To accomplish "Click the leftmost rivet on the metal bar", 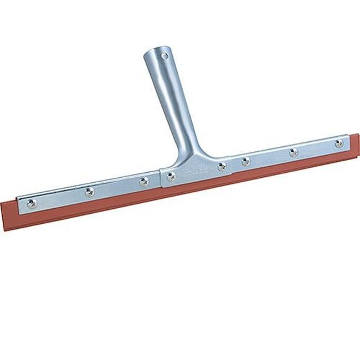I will click(32, 203).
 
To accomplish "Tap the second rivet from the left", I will click(89, 192).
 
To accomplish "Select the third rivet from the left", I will click(144, 181).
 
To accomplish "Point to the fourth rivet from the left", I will click(171, 176).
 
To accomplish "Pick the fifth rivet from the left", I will click(222, 166).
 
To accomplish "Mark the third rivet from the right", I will click(246, 162).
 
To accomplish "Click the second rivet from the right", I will click(293, 152).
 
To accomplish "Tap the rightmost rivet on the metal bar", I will click(339, 143).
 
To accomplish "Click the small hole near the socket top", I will click(164, 56).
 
